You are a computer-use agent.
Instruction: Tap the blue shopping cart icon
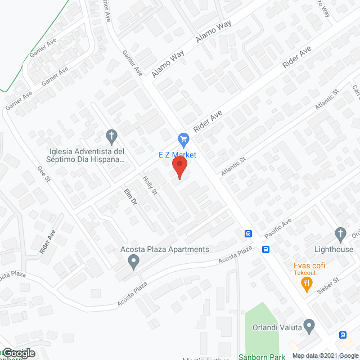(183, 138)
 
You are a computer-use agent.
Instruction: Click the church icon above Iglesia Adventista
(111, 136)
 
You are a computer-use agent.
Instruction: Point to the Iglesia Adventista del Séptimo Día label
(87, 155)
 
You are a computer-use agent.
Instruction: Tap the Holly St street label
(150, 186)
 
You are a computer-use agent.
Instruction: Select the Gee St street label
(44, 174)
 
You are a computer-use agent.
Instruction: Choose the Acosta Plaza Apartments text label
(157, 249)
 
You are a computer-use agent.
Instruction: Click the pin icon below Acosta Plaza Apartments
(133, 260)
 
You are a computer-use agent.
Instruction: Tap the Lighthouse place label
(334, 249)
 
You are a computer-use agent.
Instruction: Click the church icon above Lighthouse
(340, 233)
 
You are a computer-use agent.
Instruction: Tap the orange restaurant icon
(307, 283)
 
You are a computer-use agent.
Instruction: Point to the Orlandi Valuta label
(275, 326)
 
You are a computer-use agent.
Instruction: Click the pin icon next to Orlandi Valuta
(309, 326)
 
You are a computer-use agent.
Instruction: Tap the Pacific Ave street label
(278, 228)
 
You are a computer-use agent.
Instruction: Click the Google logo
(17, 353)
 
